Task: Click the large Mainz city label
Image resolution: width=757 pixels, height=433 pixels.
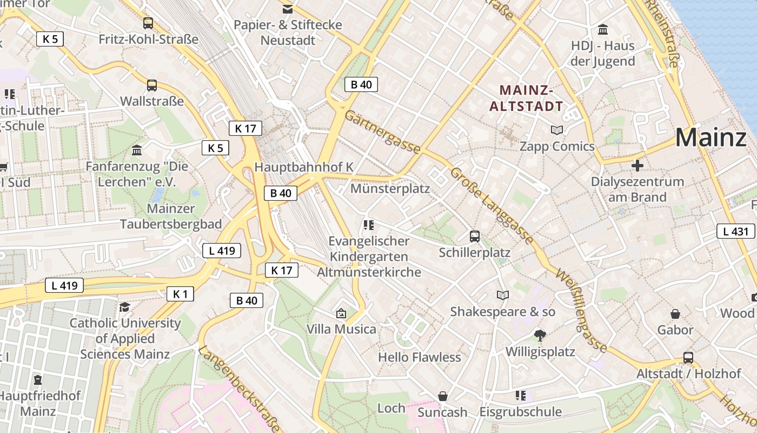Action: (710, 137)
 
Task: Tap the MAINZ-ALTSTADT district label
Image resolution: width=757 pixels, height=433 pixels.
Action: (526, 98)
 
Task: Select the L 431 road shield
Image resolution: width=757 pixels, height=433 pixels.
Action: (736, 232)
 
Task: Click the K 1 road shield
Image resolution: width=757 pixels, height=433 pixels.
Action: (180, 294)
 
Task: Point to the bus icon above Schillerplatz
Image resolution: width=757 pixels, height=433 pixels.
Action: (474, 237)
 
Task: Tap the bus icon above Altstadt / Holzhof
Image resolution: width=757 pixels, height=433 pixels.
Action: (688, 358)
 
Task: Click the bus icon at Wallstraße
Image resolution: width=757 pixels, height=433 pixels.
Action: (152, 86)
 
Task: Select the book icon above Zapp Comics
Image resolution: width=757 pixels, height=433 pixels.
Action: (556, 130)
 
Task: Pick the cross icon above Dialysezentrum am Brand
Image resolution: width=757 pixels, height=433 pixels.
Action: (638, 165)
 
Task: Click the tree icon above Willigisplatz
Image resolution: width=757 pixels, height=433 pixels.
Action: (540, 336)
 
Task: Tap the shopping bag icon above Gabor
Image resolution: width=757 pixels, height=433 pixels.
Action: (675, 314)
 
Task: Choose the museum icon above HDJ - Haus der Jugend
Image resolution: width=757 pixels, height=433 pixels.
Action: (603, 29)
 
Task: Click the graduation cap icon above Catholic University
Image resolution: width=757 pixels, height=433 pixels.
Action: (125, 307)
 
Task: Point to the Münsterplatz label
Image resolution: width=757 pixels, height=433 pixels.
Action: (390, 188)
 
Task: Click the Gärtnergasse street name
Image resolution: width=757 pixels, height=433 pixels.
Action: (382, 132)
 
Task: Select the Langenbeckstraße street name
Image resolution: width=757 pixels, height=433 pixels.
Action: (239, 386)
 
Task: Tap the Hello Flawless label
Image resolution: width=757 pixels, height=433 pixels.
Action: (420, 357)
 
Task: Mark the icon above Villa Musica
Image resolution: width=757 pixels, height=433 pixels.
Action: (341, 313)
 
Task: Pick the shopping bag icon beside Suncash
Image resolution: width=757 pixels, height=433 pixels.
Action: (443, 397)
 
